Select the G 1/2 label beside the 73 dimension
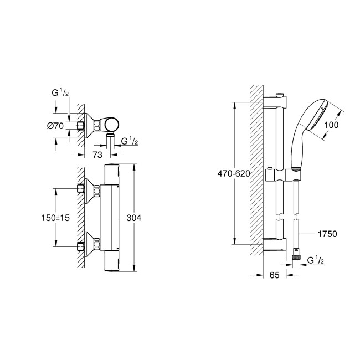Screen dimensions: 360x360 [x=128, y=142]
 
